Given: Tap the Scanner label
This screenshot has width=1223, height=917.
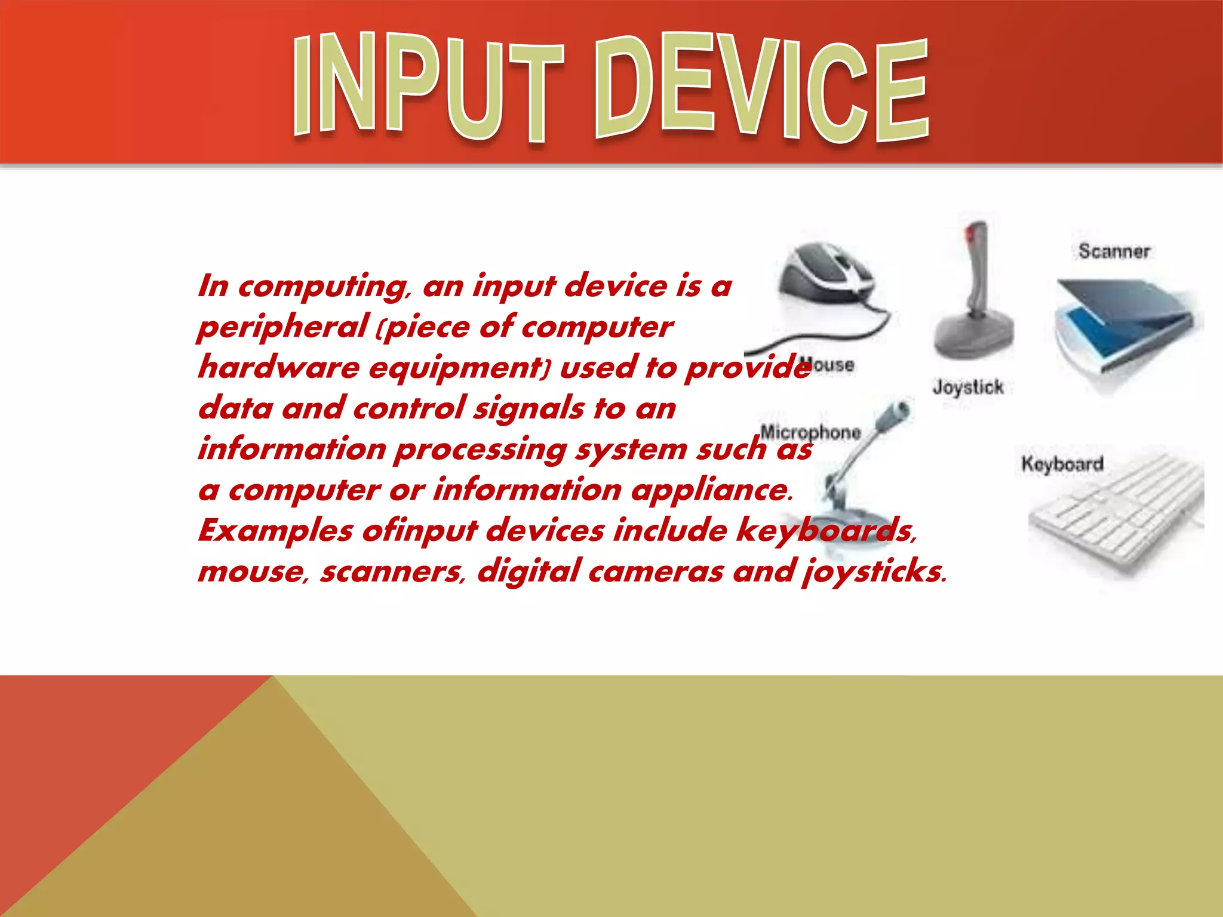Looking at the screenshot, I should click(x=1114, y=251).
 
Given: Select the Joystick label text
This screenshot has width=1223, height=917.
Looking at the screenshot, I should click(x=968, y=387).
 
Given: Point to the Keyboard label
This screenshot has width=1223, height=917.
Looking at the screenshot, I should click(x=1062, y=464).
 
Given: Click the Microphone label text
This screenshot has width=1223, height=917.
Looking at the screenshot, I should click(x=810, y=432).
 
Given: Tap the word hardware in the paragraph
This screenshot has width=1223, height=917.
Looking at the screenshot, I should click(x=278, y=367).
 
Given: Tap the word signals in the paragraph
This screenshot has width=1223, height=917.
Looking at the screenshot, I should click(x=528, y=409).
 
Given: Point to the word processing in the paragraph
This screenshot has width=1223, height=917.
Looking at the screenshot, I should click(x=480, y=450).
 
